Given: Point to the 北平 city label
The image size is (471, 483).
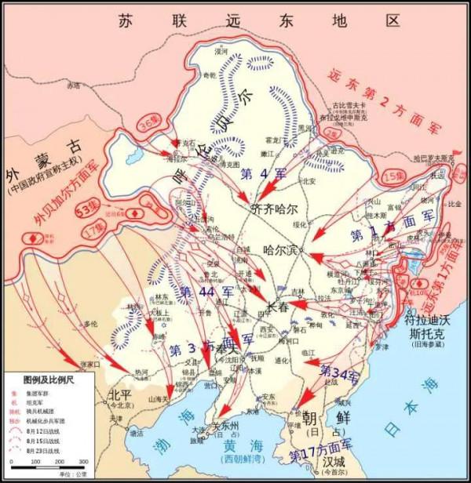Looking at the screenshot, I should pos(120,394).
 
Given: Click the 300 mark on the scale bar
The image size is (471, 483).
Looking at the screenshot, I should pos(82,465).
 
